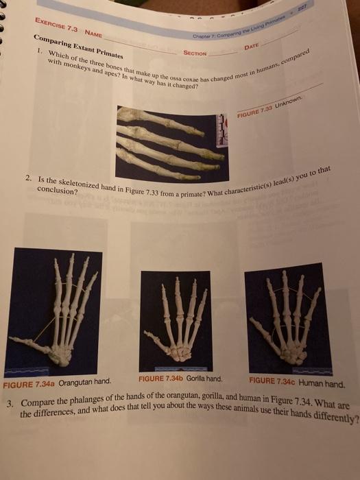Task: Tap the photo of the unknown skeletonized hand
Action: click(168, 142)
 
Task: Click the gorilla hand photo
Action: click(175, 320)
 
